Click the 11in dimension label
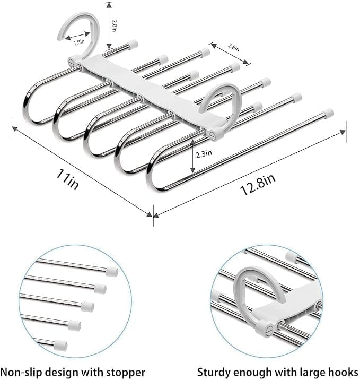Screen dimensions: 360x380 pos(67,179)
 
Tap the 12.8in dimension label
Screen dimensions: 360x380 pos(258,185)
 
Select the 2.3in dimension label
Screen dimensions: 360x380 pos(204,154)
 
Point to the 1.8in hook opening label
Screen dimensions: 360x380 pos(79,42)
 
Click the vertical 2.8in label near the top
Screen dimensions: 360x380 pos(115,25)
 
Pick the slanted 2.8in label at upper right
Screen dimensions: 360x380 pos(233,47)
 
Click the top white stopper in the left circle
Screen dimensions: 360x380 pos(112,271)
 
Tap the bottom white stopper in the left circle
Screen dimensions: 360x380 pos(61,345)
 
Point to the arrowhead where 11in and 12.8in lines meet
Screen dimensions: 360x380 pos(151,214)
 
